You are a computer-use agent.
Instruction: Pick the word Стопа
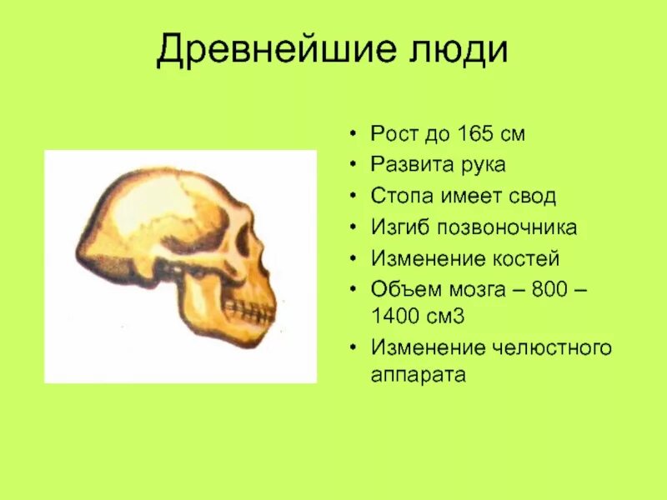click(399, 197)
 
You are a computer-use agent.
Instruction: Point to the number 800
click(543, 289)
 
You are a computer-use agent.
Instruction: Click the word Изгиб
click(397, 227)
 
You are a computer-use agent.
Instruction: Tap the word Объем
click(401, 289)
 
